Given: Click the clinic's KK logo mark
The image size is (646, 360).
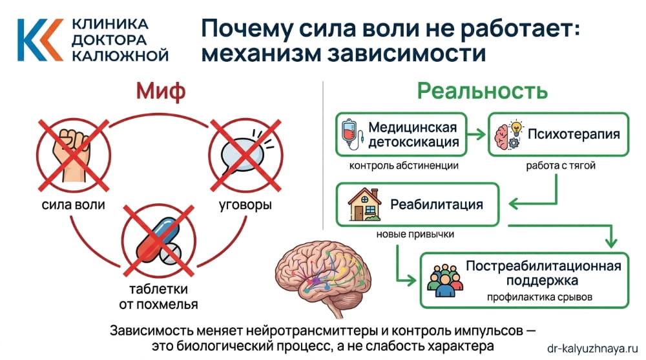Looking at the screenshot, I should pyautogui.click(x=39, y=39).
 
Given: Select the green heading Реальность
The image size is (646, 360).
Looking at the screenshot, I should pyautogui.click(x=483, y=90).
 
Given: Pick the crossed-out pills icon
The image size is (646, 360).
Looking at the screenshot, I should pyautogui.click(x=158, y=238).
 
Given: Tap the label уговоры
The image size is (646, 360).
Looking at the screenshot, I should pyautogui.click(x=245, y=206).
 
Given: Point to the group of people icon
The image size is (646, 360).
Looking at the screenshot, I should pyautogui.click(x=444, y=280).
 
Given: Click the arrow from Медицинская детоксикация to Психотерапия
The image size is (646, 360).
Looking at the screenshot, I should pyautogui.click(x=475, y=135).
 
